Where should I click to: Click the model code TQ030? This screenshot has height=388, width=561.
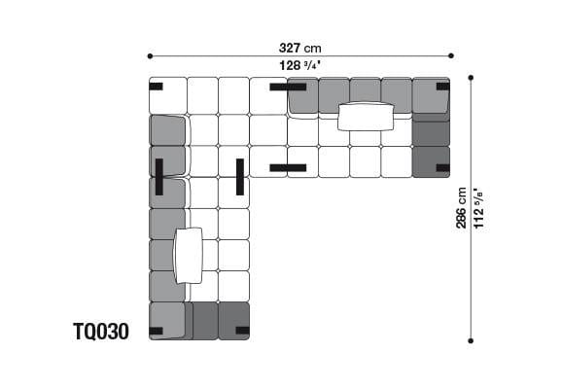pyautogui.click(x=100, y=332)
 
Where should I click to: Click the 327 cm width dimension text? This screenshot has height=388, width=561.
pyautogui.click(x=299, y=47)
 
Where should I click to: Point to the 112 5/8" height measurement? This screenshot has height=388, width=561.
pyautogui.click(x=480, y=208)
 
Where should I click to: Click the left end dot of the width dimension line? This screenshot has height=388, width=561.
pyautogui.click(x=149, y=56)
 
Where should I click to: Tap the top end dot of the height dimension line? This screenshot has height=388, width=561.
pyautogui.click(x=471, y=77)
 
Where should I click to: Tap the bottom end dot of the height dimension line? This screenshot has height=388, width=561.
pyautogui.click(x=471, y=340)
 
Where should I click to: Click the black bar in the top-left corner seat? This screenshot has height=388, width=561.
pyautogui.click(x=156, y=87)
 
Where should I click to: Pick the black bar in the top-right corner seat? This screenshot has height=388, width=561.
pyautogui.click(x=442, y=87)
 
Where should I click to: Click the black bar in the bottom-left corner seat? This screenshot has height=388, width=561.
pyautogui.click(x=156, y=331)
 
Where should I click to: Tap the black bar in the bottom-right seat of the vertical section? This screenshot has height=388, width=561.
pyautogui.click(x=242, y=331)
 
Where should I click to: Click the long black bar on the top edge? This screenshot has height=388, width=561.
pyautogui.click(x=288, y=87)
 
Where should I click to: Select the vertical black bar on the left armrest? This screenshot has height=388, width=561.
pyautogui.click(x=158, y=176)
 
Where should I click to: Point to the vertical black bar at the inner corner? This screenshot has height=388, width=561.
pyautogui.click(x=239, y=176)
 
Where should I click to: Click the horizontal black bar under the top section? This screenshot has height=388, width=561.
pyautogui.click(x=288, y=168)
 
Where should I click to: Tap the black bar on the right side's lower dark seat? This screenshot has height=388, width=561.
pyautogui.click(x=442, y=168)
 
